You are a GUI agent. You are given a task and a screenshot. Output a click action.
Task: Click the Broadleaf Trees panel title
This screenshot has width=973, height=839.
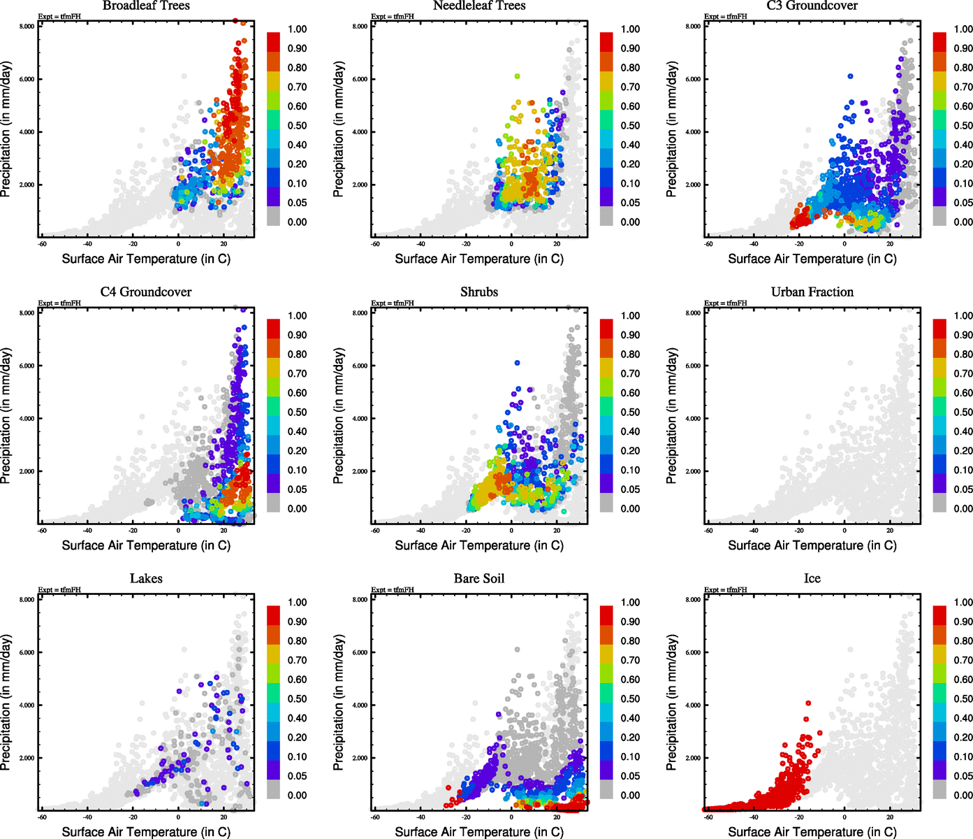click(x=146, y=6)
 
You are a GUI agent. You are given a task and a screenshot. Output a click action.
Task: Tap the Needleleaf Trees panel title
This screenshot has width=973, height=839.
click(x=478, y=6)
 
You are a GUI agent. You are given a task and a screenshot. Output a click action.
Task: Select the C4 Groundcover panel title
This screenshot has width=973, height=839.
click(x=146, y=292)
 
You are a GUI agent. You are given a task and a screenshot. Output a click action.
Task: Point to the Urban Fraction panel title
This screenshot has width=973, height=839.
click(x=812, y=292)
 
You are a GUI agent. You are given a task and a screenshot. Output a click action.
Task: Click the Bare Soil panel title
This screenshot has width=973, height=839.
click(x=478, y=578)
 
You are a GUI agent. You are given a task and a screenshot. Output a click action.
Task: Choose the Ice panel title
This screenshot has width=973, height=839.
click(x=812, y=578)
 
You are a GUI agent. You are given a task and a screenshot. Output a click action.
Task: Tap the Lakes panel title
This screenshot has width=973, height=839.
click(x=146, y=578)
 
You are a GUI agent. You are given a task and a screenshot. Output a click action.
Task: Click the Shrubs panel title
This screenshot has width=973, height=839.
click(x=478, y=292)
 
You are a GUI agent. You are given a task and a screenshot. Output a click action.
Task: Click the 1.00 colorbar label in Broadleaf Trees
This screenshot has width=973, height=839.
click(x=297, y=29)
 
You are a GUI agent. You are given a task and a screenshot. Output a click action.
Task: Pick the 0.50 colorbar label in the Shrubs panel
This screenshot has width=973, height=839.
click(x=630, y=413)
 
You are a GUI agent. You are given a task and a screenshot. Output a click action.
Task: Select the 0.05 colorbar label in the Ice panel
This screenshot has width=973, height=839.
click(x=963, y=776)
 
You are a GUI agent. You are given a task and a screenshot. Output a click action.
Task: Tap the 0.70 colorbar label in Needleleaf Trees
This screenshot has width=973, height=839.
click(x=630, y=87)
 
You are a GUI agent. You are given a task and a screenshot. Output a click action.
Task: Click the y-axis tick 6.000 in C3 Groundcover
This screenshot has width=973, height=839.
click(x=693, y=79)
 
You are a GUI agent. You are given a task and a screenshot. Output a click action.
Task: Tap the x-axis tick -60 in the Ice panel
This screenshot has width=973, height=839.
click(x=708, y=817)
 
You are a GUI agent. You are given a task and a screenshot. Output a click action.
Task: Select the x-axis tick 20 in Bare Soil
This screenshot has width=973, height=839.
click(x=557, y=817)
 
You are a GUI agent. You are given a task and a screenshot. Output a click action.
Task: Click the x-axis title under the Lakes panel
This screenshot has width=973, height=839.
click(x=146, y=832)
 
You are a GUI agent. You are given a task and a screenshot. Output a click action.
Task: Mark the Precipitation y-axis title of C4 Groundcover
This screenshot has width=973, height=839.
click(x=6, y=416)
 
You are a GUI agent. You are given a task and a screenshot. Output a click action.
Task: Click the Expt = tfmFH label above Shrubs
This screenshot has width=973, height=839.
click(x=393, y=303)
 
